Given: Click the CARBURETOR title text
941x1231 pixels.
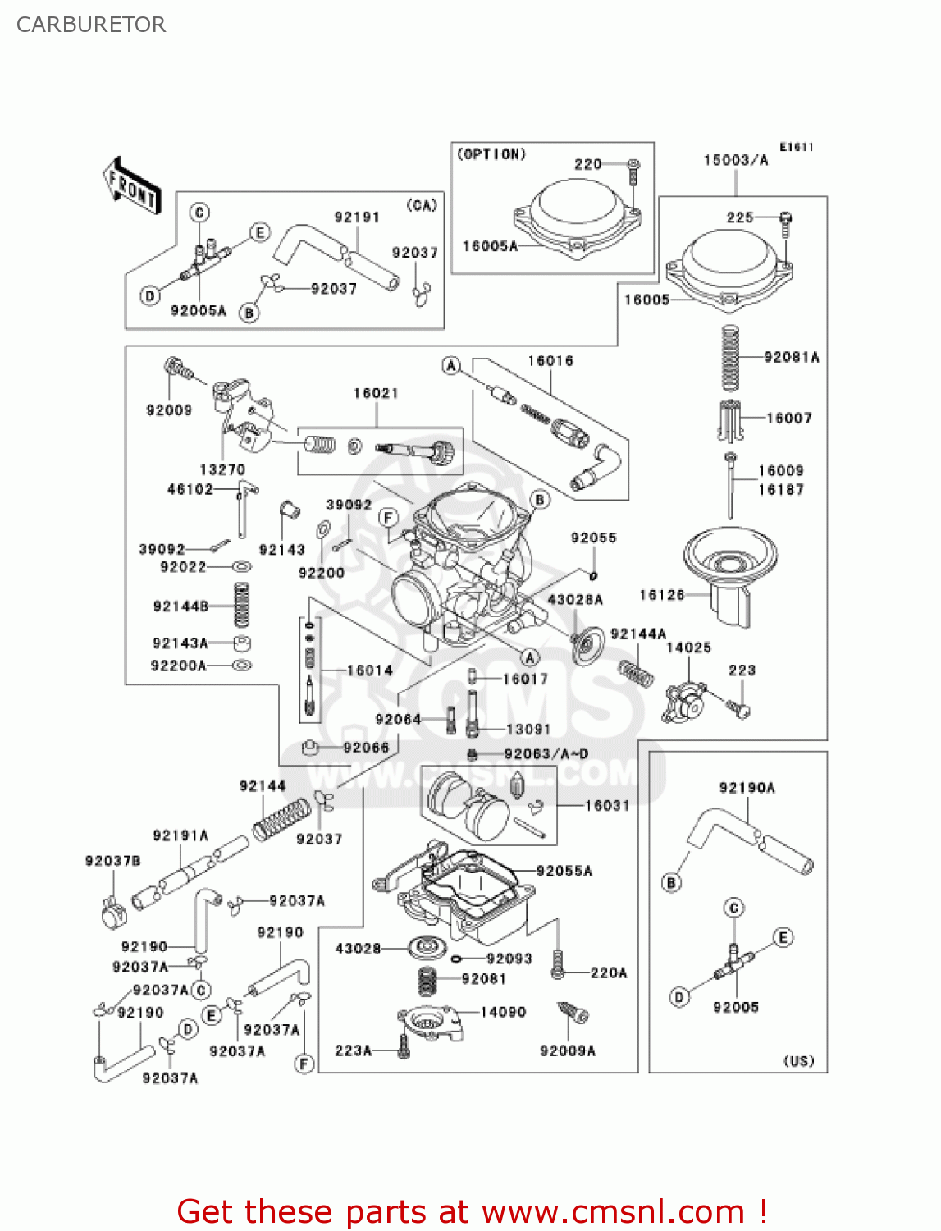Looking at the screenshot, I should pyautogui.click(x=91, y=25).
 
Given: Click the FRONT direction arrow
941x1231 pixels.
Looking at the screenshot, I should pyautogui.click(x=131, y=186).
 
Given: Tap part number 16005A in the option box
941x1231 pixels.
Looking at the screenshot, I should pyautogui.click(x=490, y=245).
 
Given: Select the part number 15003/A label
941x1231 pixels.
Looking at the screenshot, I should pyautogui.click(x=735, y=160).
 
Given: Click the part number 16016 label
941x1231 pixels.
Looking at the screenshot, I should pyautogui.click(x=550, y=361).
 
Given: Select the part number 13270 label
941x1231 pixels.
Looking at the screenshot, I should pyautogui.click(x=222, y=469).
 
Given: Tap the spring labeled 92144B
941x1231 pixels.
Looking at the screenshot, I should pyautogui.click(x=241, y=606).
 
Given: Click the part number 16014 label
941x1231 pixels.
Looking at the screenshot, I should pyautogui.click(x=369, y=670).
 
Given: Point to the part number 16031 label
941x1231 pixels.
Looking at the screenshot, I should pyautogui.click(x=607, y=806).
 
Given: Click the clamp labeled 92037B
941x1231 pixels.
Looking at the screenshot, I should pyautogui.click(x=112, y=912).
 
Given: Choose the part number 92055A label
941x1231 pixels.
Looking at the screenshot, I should pyautogui.click(x=564, y=871).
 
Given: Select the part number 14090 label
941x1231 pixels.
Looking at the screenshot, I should pyautogui.click(x=503, y=1012).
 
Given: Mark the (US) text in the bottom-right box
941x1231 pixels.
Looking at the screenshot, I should pyautogui.click(x=798, y=1060).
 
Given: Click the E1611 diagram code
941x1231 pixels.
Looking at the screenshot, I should pyautogui.click(x=796, y=147).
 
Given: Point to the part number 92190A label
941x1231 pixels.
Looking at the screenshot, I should pyautogui.click(x=747, y=788).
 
